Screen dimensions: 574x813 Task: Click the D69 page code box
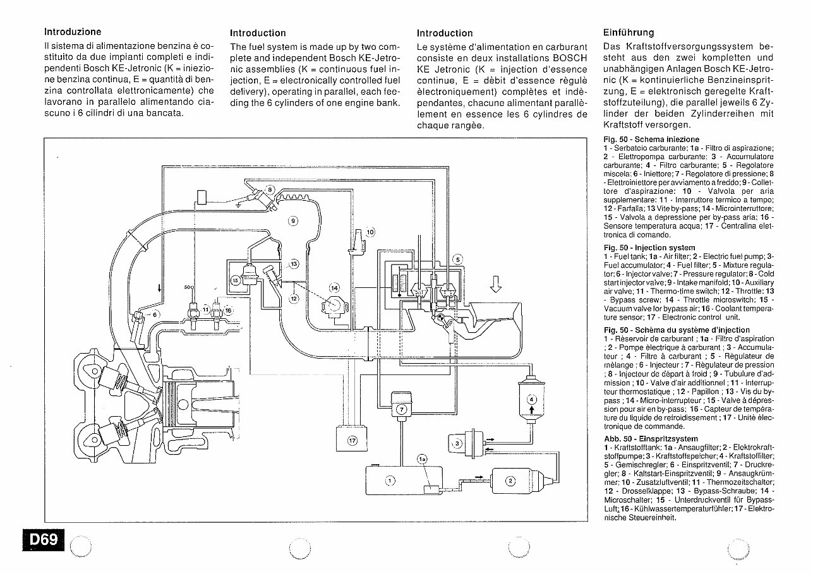pyautogui.click(x=43, y=540)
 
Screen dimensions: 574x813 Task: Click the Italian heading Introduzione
pyautogui.click(x=73, y=31)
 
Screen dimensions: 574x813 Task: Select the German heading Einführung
pyautogui.click(x=629, y=33)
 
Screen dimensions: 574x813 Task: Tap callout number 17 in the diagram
pyautogui.click(x=352, y=441)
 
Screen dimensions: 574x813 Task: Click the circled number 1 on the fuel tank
pyautogui.click(x=390, y=481)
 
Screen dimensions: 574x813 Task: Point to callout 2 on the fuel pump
pyautogui.click(x=511, y=481)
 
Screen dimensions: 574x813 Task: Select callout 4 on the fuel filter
pyautogui.click(x=531, y=400)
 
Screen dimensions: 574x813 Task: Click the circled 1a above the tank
pyautogui.click(x=422, y=459)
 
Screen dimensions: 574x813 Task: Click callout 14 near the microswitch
pyautogui.click(x=334, y=288)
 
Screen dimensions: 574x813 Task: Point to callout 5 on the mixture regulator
pyautogui.click(x=458, y=259)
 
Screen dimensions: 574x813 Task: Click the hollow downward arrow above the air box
pyautogui.click(x=496, y=287)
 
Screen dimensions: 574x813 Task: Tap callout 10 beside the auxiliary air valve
pyautogui.click(x=370, y=232)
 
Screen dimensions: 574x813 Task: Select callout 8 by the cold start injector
pyautogui.click(x=270, y=189)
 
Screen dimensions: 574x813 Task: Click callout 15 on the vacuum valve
pyautogui.click(x=235, y=280)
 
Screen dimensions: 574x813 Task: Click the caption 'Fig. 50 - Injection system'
pyautogui.click(x=649, y=248)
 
